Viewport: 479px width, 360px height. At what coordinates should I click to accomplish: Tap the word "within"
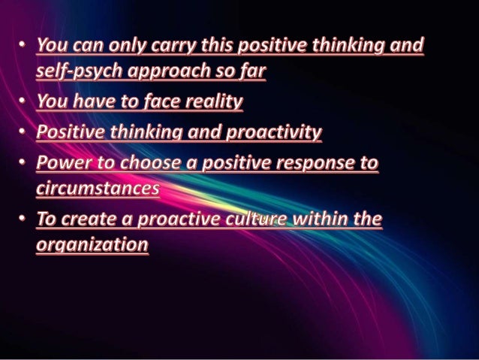[306, 220]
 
